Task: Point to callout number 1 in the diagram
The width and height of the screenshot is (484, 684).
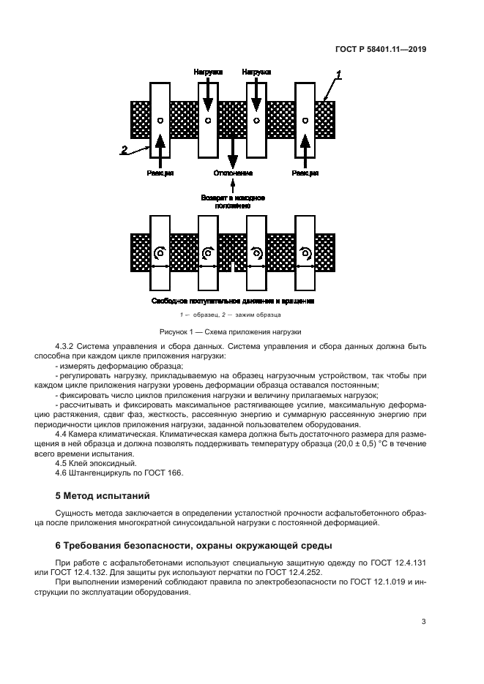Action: (x=338, y=75)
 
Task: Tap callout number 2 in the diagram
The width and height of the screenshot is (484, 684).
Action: (x=124, y=149)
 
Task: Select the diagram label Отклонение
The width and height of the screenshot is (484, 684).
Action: (x=233, y=173)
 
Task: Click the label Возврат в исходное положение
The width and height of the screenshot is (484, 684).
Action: (x=233, y=201)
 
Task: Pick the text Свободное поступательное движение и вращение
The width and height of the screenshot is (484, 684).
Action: (x=233, y=301)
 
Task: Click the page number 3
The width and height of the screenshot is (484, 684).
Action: (x=423, y=622)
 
